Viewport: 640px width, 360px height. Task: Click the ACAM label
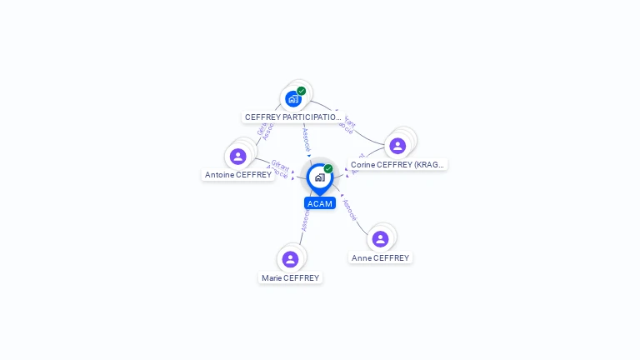pos(320,203)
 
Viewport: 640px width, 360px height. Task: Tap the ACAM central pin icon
pos(319,177)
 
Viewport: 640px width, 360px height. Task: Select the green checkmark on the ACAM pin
pos(328,168)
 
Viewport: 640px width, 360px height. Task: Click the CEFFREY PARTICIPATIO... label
pos(292,117)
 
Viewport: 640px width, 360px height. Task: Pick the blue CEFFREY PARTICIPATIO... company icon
pos(292,99)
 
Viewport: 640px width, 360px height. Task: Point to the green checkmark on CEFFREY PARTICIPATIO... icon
pos(302,91)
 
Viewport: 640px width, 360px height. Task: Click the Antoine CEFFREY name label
pos(238,175)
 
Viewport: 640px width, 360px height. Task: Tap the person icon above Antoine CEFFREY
pos(238,157)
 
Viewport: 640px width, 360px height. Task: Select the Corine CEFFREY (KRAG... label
pos(397,165)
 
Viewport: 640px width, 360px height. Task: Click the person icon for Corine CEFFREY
pos(397,146)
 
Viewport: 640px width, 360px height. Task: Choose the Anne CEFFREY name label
pos(380,258)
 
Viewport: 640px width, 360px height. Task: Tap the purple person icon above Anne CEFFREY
pos(380,239)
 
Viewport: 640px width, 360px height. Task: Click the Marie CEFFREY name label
pos(290,278)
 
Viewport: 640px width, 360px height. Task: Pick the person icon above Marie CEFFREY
pos(290,259)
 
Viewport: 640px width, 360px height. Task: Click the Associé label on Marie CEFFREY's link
pos(305,221)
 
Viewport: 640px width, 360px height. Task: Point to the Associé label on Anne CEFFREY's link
pos(350,210)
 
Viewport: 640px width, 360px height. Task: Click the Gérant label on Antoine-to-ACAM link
pos(279,165)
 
